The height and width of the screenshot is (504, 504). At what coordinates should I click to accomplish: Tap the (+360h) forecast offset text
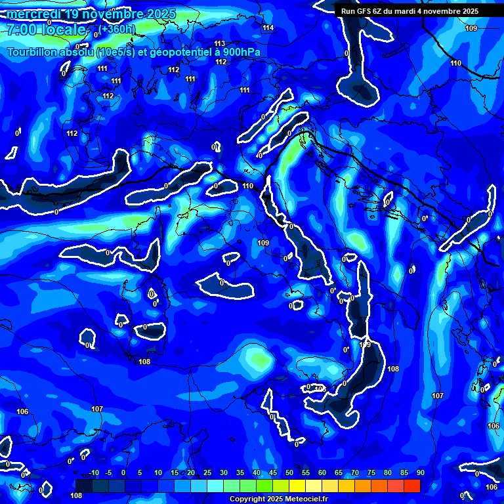117,29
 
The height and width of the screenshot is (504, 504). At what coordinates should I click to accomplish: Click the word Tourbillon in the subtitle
32,52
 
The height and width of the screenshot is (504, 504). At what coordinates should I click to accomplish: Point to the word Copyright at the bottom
248,499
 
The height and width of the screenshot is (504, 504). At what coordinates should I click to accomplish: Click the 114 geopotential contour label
268,28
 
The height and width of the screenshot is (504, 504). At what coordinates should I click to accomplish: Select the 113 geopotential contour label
220,43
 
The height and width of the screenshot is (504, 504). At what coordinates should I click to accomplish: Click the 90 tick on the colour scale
420,473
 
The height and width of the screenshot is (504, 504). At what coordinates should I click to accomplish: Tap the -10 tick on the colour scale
94,473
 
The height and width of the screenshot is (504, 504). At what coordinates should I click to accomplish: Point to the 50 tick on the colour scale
289,473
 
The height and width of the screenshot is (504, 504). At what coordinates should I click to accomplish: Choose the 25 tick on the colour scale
207,473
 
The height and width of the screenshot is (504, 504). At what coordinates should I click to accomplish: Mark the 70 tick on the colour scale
355,473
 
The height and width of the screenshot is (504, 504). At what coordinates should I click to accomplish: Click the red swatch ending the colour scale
412,486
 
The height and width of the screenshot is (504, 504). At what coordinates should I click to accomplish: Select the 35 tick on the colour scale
240,473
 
